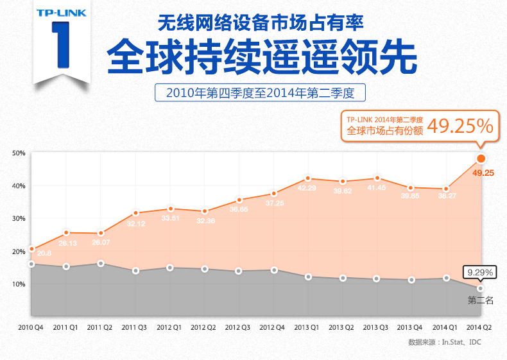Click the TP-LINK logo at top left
(57, 12)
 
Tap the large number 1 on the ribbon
(60, 46)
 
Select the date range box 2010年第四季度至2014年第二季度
(260, 92)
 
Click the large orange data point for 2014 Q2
(481, 159)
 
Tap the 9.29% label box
(479, 273)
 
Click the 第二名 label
(480, 300)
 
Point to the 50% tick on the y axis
(18, 153)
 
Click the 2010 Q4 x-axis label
(30, 327)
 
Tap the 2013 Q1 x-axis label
(307, 327)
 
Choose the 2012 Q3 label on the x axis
(237, 327)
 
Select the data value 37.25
(274, 203)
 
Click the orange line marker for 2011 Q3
(135, 213)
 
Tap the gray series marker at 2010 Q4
(31, 264)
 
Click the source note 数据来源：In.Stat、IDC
(444, 342)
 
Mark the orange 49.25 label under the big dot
(483, 173)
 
